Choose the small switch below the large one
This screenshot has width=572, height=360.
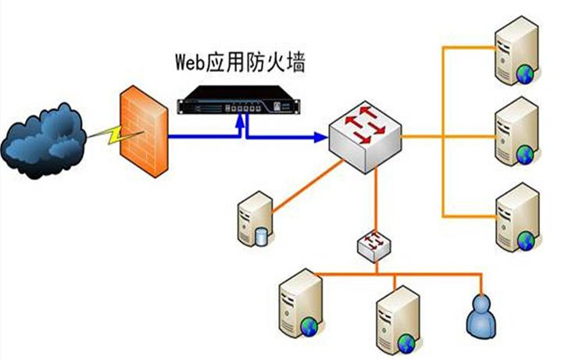click(375, 244)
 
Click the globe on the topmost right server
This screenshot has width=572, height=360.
click(524, 74)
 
